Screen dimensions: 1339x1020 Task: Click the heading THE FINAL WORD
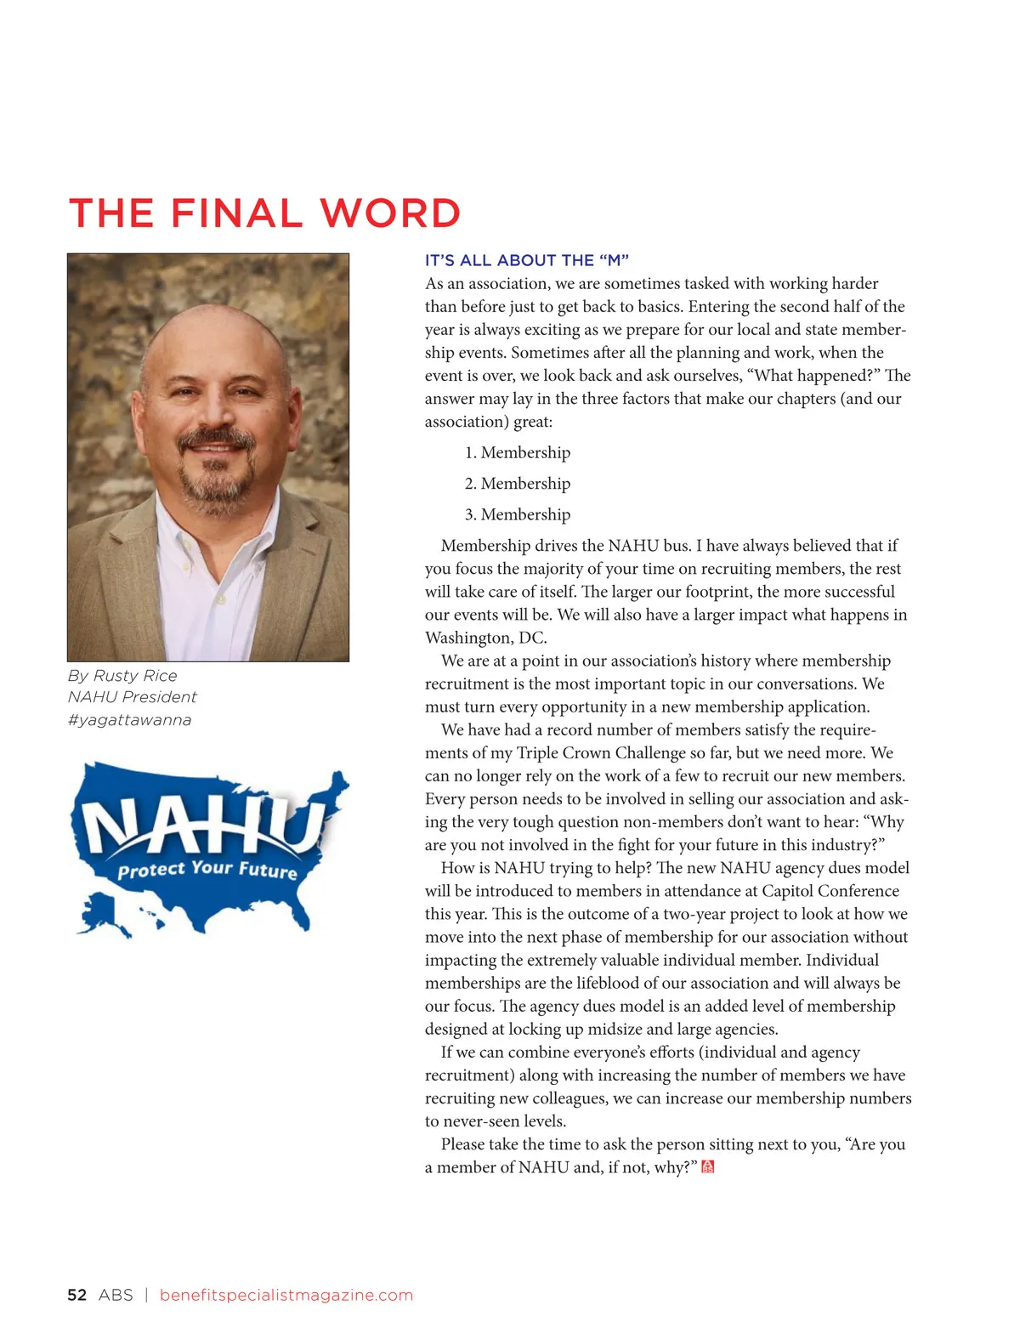pos(264,213)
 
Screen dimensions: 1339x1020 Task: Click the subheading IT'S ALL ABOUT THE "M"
pos(526,260)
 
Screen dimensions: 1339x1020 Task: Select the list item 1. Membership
pos(517,452)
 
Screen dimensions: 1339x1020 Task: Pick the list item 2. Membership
pos(517,483)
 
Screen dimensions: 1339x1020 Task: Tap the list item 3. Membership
pos(517,514)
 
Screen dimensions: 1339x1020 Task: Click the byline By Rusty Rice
pos(122,675)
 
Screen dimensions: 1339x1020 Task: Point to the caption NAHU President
pos(132,696)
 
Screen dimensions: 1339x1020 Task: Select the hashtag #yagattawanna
pos(129,719)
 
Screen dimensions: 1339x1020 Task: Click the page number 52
pos(76,1295)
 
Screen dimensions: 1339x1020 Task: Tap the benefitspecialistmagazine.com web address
pos(286,1295)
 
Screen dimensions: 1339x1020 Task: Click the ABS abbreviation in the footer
pos(116,1295)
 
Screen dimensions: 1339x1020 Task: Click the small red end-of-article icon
pos(707,1167)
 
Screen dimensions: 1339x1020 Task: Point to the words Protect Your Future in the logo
pos(207,869)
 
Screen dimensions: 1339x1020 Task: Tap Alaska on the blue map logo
pos(104,914)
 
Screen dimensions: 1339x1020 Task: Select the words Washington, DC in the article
pos(485,638)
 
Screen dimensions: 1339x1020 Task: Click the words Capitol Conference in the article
pos(830,890)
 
